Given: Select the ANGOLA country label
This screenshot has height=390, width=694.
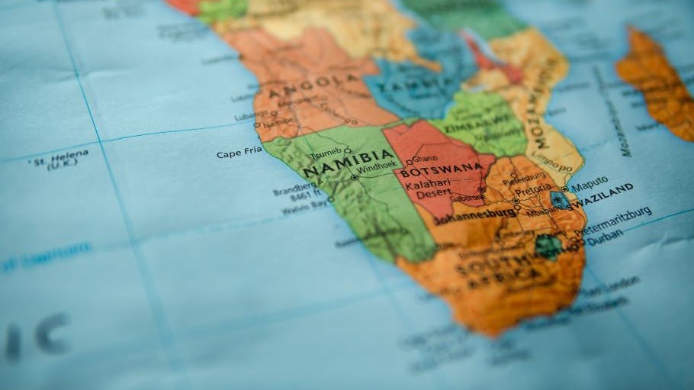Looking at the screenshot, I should (x=313, y=86).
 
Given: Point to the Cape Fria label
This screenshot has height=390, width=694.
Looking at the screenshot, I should (x=239, y=153).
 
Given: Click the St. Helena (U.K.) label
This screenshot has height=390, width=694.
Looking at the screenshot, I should (x=59, y=160).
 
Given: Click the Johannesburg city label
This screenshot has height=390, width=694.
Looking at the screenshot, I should (x=474, y=215).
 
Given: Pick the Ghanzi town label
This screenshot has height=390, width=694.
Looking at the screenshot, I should (x=424, y=159).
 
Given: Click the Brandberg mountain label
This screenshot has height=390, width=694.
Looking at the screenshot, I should (x=295, y=189).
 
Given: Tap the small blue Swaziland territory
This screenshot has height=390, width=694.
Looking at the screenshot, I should (x=559, y=200).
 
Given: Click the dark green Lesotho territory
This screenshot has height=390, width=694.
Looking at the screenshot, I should (x=548, y=246).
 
